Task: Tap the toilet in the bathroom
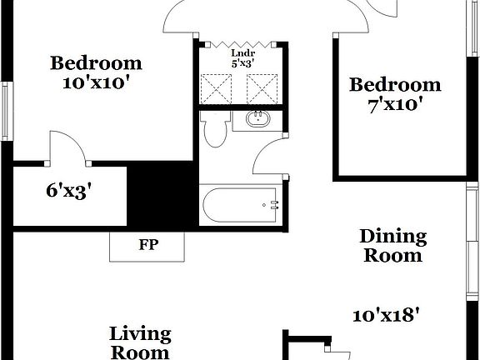pyautogui.click(x=217, y=130)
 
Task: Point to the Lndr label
pyautogui.click(x=243, y=52)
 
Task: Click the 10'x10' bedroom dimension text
pyautogui.click(x=96, y=82)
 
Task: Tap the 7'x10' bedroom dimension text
pyautogui.click(x=394, y=104)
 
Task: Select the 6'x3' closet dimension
pyautogui.click(x=68, y=191)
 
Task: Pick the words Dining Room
pyautogui.click(x=392, y=246)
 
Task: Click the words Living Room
pyautogui.click(x=140, y=342)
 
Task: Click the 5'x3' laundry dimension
pyautogui.click(x=243, y=62)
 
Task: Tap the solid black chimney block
pyautogui.click(x=162, y=199)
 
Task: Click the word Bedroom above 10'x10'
pyautogui.click(x=96, y=62)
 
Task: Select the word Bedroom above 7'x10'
pyautogui.click(x=394, y=84)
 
